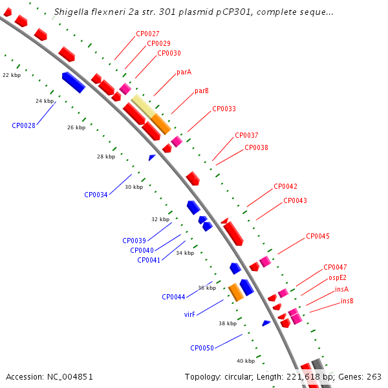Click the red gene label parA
click(184, 72)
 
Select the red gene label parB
click(202, 91)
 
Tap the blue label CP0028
click(23, 125)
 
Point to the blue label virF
click(189, 315)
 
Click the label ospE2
click(338, 277)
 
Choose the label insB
click(347, 301)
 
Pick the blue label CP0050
click(202, 348)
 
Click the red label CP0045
click(318, 236)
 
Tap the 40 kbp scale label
click(245, 361)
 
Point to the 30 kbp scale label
click(133, 187)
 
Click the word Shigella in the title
click(71, 12)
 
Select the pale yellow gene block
click(143, 106)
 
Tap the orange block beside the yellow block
click(161, 123)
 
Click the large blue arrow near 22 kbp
click(74, 82)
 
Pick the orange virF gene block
click(236, 292)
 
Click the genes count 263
click(374, 376)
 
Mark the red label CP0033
click(224, 109)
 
